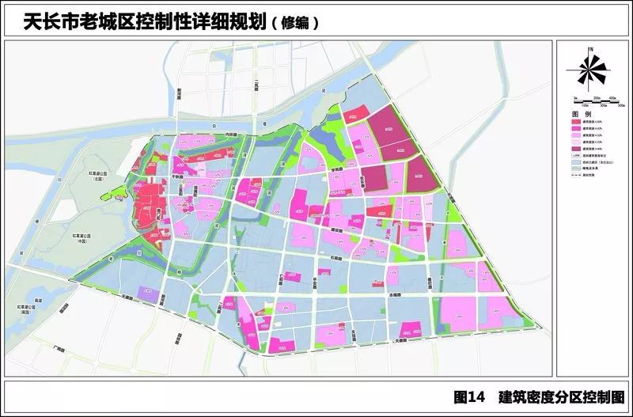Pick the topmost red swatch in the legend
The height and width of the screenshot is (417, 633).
[x=576, y=122]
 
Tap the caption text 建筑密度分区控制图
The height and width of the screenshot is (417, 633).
[x=561, y=396]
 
